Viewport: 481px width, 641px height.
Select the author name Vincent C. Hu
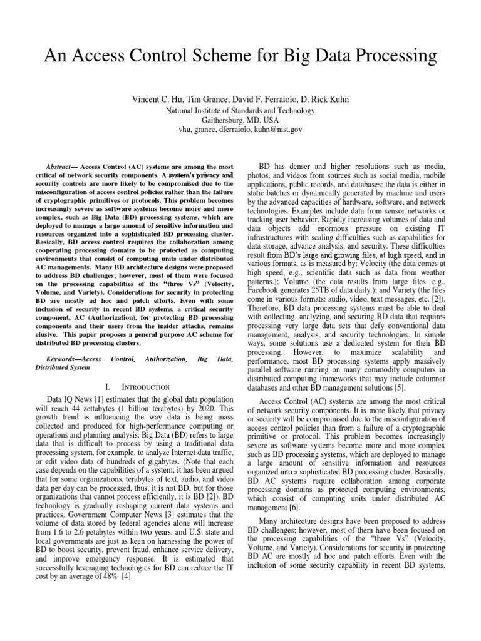click(x=158, y=100)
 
